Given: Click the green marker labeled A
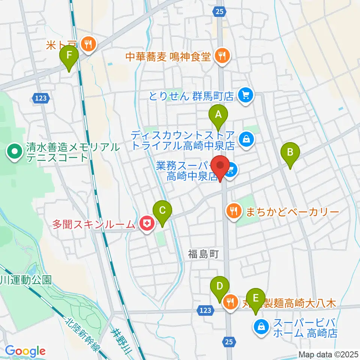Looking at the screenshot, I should point(218,115).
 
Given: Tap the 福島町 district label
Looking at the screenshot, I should point(203,255).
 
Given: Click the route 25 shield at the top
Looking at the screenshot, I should point(220,12).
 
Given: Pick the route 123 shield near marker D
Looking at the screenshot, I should point(205,310).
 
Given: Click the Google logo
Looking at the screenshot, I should point(25,351).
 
